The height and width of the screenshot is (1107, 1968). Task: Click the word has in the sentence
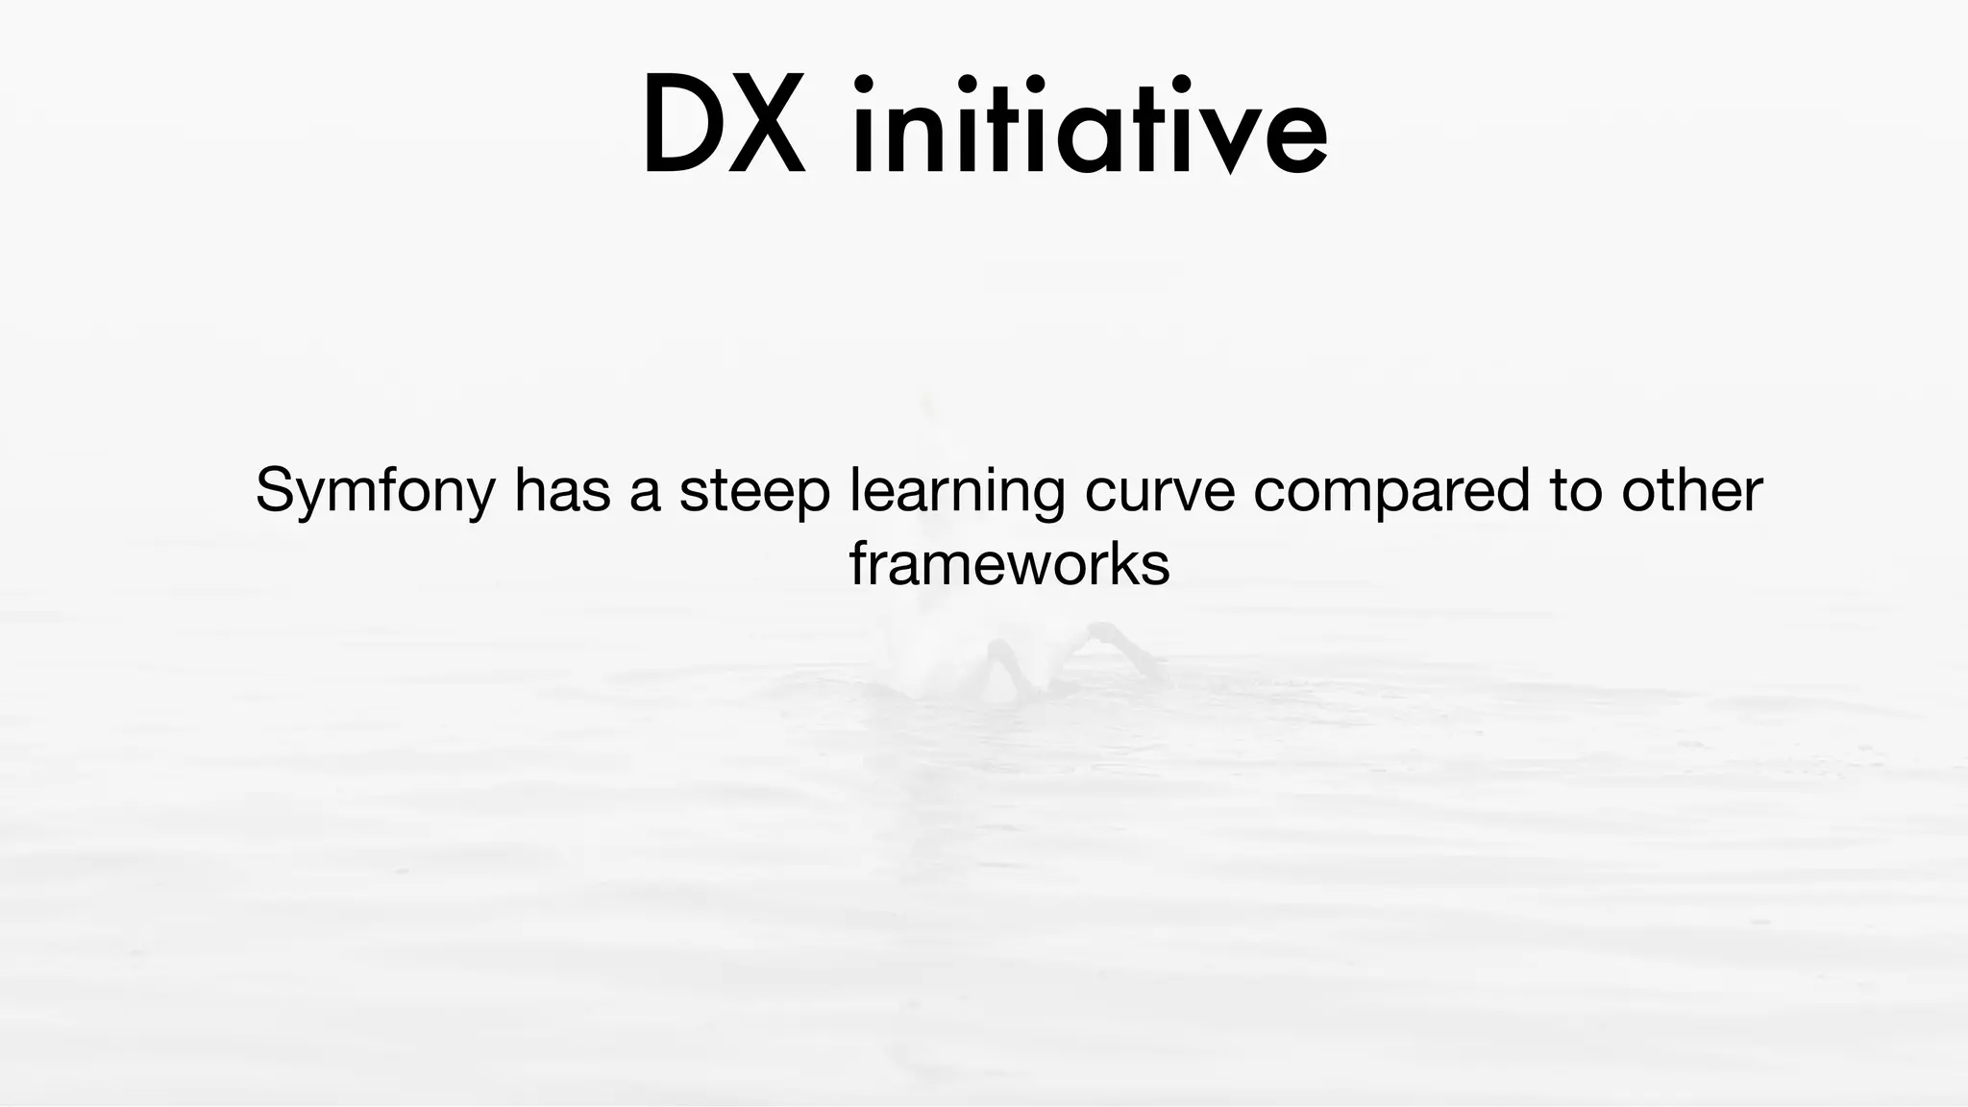click(562, 490)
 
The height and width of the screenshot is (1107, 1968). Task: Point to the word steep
click(754, 492)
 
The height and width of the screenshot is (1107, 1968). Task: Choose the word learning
click(957, 492)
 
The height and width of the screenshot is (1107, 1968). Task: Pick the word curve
click(1159, 490)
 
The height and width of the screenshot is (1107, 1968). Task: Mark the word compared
click(1391, 492)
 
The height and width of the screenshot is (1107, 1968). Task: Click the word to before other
click(1576, 490)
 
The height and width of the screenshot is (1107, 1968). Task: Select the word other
click(1692, 490)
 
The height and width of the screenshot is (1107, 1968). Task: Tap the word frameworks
click(1009, 564)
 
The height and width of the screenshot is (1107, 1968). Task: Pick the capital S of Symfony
click(274, 490)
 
